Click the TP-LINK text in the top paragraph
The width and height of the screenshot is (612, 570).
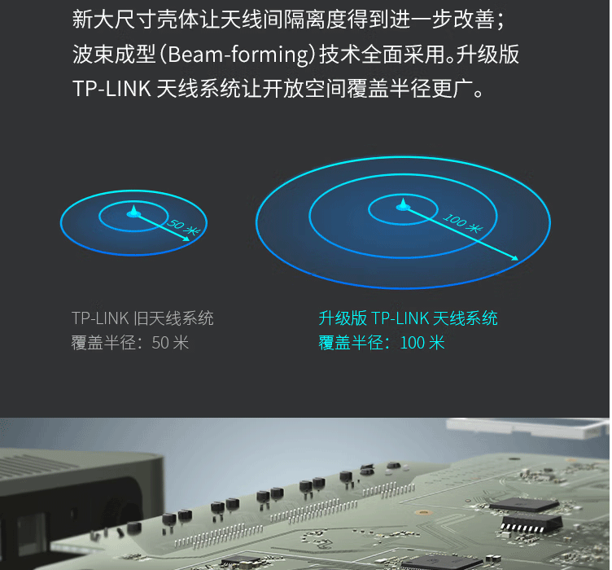[x=111, y=89]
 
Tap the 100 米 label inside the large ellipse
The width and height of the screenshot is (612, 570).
[x=463, y=223]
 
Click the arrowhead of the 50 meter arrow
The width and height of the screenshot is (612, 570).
[x=186, y=238]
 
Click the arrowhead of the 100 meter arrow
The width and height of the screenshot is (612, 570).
[x=516, y=257]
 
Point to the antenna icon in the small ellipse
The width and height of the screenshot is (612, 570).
[x=133, y=211]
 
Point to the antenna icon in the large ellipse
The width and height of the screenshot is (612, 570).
[x=403, y=205]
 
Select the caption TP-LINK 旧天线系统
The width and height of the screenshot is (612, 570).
[x=142, y=318]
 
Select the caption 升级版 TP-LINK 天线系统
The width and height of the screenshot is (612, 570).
[x=409, y=318]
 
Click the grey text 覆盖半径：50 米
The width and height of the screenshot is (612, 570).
[x=130, y=343]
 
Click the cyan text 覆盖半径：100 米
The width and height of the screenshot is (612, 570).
[x=382, y=343]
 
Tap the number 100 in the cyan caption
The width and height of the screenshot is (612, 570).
[x=412, y=343]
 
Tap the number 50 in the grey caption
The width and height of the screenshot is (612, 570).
[x=160, y=343]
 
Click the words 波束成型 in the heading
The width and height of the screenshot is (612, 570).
[x=115, y=55]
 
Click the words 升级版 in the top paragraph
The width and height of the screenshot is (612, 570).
[x=487, y=55]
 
